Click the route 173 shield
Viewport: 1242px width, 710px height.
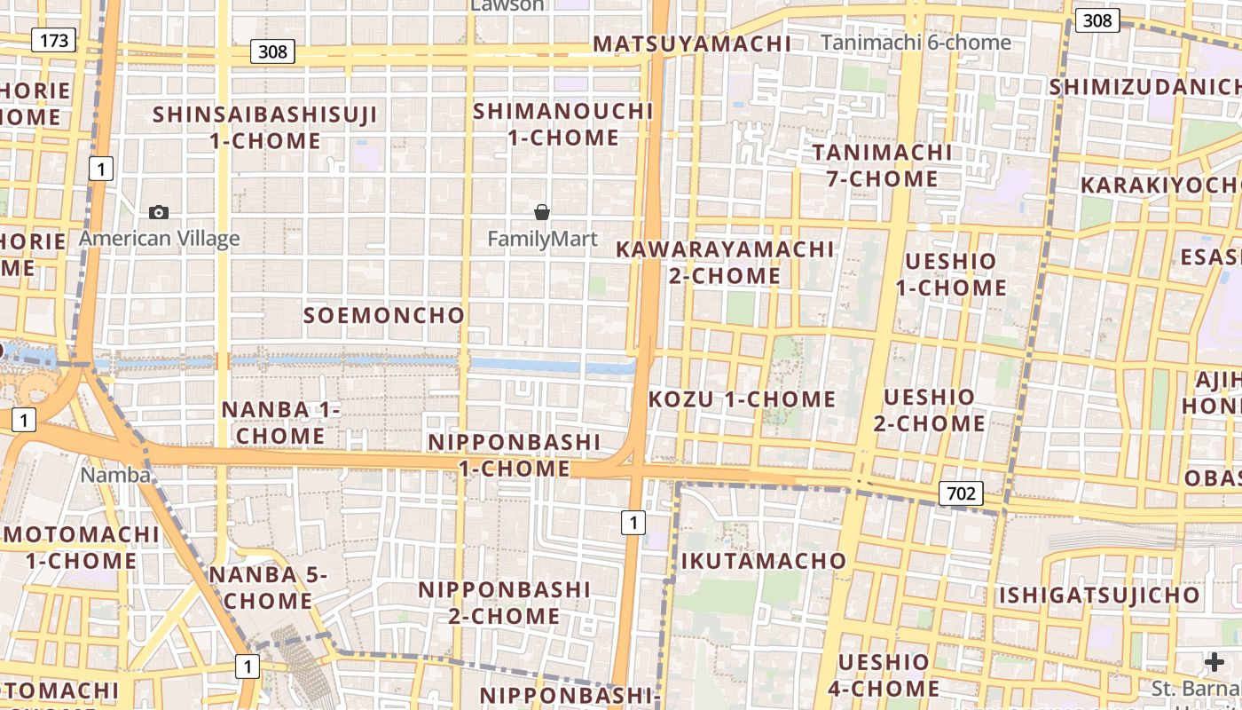tap(53, 40)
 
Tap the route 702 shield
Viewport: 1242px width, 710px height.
tap(961, 493)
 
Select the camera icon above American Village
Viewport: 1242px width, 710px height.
tap(159, 212)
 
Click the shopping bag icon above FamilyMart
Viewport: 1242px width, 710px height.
tap(541, 212)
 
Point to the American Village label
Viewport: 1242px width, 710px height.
tap(159, 239)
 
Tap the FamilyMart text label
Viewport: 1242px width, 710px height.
tap(542, 239)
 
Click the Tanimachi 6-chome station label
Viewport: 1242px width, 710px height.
tap(916, 43)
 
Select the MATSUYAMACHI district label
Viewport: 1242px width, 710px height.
tap(692, 43)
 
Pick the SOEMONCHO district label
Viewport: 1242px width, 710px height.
tap(384, 315)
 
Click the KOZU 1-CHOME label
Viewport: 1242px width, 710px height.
tap(742, 399)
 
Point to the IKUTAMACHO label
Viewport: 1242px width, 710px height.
tap(763, 561)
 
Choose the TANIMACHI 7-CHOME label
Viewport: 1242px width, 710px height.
tap(882, 165)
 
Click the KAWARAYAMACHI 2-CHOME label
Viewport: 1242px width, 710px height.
tap(725, 262)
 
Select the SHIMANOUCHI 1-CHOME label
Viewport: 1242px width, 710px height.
tap(563, 124)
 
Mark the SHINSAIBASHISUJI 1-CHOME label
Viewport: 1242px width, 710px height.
tap(265, 128)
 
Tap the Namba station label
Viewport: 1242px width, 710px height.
tap(115, 475)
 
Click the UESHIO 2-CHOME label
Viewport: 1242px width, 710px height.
tap(929, 410)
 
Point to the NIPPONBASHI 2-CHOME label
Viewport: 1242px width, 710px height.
tap(504, 603)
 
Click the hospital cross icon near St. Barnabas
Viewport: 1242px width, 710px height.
tap(1214, 662)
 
